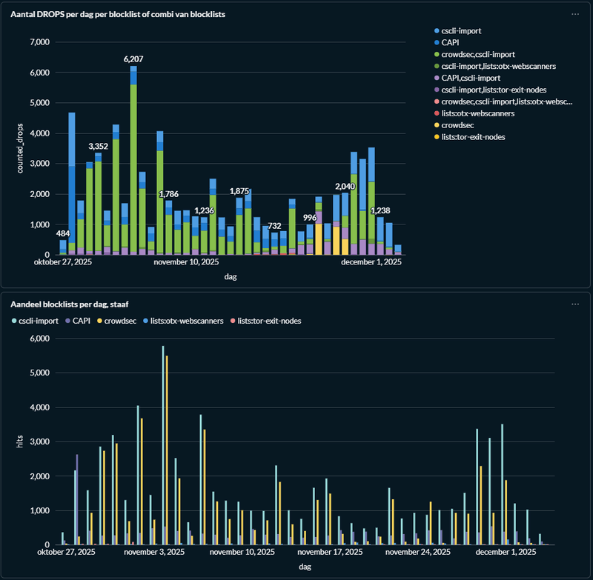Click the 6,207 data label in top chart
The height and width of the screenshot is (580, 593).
pos(133,58)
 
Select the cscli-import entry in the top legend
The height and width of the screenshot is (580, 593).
pos(460,30)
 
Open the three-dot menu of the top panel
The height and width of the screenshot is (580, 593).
pos(575,14)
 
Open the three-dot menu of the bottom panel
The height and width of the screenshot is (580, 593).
pos(575,304)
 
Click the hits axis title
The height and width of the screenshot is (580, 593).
pos(21,442)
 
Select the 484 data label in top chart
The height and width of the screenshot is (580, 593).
pos(63,233)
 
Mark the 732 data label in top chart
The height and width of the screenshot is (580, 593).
pos(274,225)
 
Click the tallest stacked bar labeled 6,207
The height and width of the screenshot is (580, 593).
pos(133,163)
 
